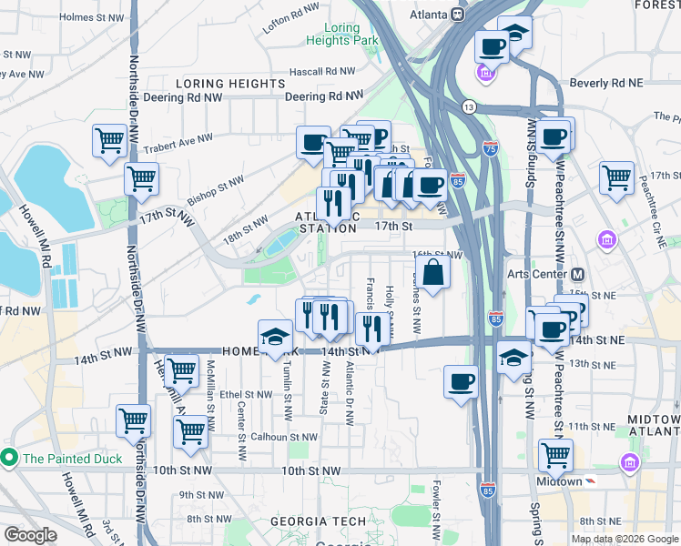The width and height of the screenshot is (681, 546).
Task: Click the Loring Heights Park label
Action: click(341, 35)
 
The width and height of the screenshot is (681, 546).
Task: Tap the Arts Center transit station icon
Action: click(577, 274)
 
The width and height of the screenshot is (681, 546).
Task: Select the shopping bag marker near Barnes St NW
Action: click(434, 272)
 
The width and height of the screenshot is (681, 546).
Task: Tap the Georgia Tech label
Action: click(318, 521)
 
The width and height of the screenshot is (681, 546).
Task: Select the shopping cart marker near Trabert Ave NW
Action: click(109, 141)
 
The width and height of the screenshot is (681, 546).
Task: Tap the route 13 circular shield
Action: click(468, 106)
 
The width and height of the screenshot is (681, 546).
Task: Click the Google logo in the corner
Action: click(30, 535)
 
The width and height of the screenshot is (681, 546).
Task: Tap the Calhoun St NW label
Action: click(286, 437)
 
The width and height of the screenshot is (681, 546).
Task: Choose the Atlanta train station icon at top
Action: click(459, 15)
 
